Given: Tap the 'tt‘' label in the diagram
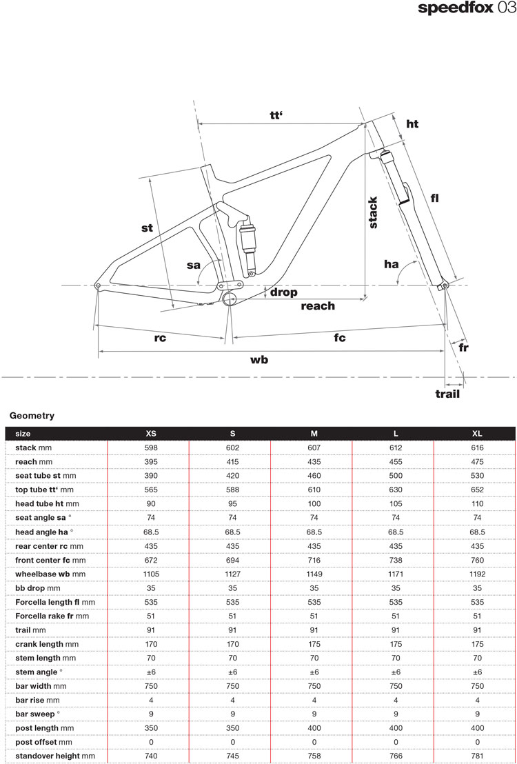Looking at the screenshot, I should (x=277, y=116).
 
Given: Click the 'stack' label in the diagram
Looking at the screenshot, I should (x=373, y=212).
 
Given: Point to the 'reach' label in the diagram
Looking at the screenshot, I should (x=318, y=305).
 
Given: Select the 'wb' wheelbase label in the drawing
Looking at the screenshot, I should (x=259, y=360).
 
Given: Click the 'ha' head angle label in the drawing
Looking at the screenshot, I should (x=392, y=264).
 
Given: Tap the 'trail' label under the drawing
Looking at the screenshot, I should (x=447, y=394).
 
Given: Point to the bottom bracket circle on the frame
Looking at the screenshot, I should (x=230, y=299).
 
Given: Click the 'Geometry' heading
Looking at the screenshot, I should (x=32, y=416).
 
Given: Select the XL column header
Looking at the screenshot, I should (x=477, y=434).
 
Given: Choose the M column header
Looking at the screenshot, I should (x=314, y=434).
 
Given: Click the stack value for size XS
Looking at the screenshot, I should (x=151, y=448).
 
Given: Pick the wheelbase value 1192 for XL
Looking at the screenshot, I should (x=477, y=573).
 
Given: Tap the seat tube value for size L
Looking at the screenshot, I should (x=396, y=476).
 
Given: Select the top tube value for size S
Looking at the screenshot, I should (x=232, y=490).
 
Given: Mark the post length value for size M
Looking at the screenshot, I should (x=314, y=728).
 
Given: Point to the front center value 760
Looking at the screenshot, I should (x=477, y=559).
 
